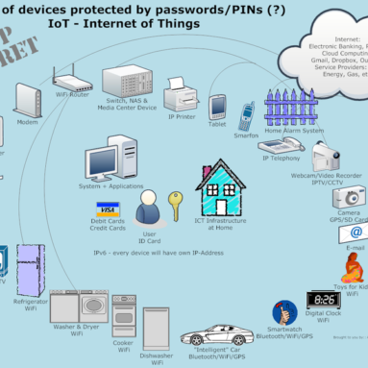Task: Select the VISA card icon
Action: (x=108, y=209)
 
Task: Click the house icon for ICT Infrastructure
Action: (x=220, y=188)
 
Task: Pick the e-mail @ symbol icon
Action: (x=356, y=233)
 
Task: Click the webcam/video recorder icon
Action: (x=325, y=155)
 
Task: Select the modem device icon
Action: (x=25, y=99)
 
